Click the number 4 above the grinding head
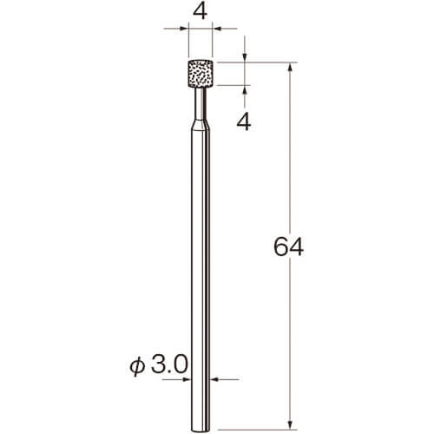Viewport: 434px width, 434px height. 200,12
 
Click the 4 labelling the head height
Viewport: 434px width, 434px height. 244,122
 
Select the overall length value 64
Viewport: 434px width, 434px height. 288,247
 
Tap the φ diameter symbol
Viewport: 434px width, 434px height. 137,365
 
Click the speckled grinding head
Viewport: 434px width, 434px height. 201,74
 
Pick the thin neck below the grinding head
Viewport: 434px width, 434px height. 201,103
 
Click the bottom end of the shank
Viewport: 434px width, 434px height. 201,431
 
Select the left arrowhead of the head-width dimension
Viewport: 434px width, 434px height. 184,29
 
